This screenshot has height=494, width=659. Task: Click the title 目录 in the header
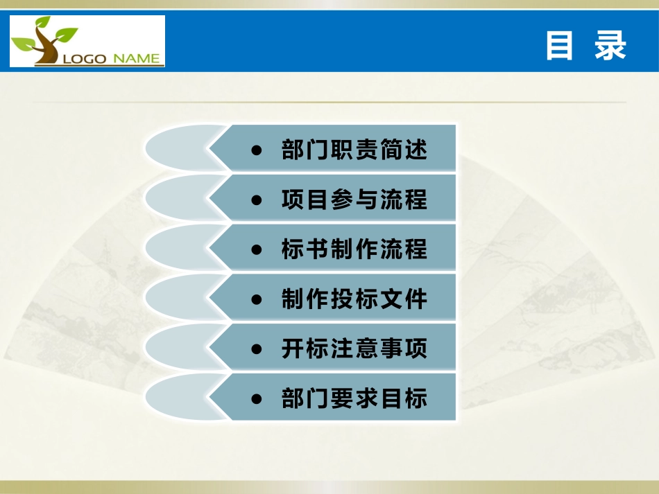tap(585, 46)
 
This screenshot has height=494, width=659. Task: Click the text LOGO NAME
tap(111, 59)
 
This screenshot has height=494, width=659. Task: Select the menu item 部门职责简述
tap(354, 150)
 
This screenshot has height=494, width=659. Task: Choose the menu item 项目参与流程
tap(354, 200)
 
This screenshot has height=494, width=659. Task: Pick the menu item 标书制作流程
tap(354, 249)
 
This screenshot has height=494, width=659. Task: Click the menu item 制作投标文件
tap(354, 299)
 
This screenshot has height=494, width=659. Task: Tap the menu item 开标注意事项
tap(354, 349)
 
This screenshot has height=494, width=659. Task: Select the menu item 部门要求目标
tap(354, 398)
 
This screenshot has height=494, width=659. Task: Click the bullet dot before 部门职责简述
tap(257, 150)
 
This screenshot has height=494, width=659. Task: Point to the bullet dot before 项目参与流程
tap(257, 200)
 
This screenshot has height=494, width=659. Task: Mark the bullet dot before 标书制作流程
tap(257, 249)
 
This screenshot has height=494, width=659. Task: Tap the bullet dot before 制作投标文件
tap(257, 299)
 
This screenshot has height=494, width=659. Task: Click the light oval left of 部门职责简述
tap(177, 148)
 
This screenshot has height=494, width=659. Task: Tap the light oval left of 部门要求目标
tap(177, 398)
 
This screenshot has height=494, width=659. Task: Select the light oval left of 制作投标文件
tap(177, 298)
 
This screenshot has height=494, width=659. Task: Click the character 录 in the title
tap(611, 46)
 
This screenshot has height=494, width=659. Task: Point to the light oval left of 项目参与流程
tap(177, 198)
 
